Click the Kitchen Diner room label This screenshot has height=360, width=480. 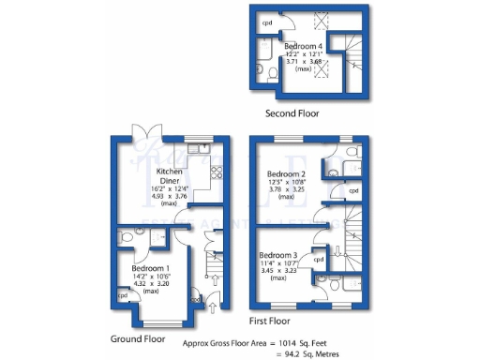169,177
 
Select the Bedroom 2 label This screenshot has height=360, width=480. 287,174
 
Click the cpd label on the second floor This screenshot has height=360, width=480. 267,21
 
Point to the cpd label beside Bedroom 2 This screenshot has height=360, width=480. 353,190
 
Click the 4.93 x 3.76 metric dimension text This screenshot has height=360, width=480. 169,196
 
